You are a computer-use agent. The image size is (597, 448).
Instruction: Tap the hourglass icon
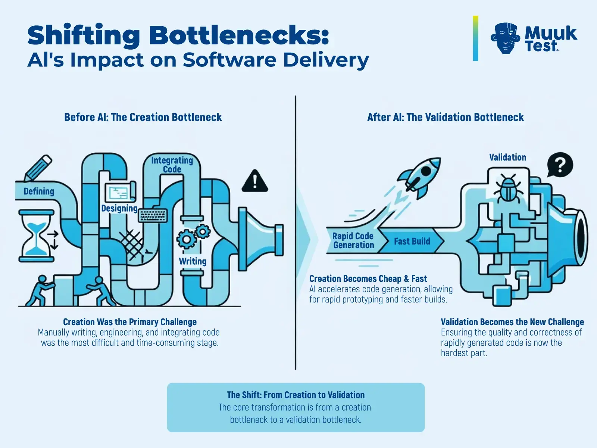36,235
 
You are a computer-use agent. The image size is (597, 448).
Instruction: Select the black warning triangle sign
255,181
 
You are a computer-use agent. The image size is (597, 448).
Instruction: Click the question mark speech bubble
560,165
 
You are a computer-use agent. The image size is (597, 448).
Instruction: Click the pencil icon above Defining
38,168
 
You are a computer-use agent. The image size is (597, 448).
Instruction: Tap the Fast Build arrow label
412,241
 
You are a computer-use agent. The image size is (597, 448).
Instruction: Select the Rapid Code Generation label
353,240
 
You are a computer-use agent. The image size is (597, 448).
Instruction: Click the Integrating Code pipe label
172,165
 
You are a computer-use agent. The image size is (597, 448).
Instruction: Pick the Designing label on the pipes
119,208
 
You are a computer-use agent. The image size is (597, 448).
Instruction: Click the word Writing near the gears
193,261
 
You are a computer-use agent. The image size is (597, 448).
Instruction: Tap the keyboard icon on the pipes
153,215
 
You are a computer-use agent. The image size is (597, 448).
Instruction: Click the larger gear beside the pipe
186,239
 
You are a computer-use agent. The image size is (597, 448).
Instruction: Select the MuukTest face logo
505,38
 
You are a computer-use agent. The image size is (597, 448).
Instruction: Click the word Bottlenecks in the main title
239,35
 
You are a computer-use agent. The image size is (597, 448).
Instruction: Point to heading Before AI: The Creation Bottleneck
143,117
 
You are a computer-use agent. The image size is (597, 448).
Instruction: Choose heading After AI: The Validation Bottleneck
445,117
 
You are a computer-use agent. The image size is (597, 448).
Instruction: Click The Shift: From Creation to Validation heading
296,395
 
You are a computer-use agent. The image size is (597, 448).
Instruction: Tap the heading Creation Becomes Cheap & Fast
368,279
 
